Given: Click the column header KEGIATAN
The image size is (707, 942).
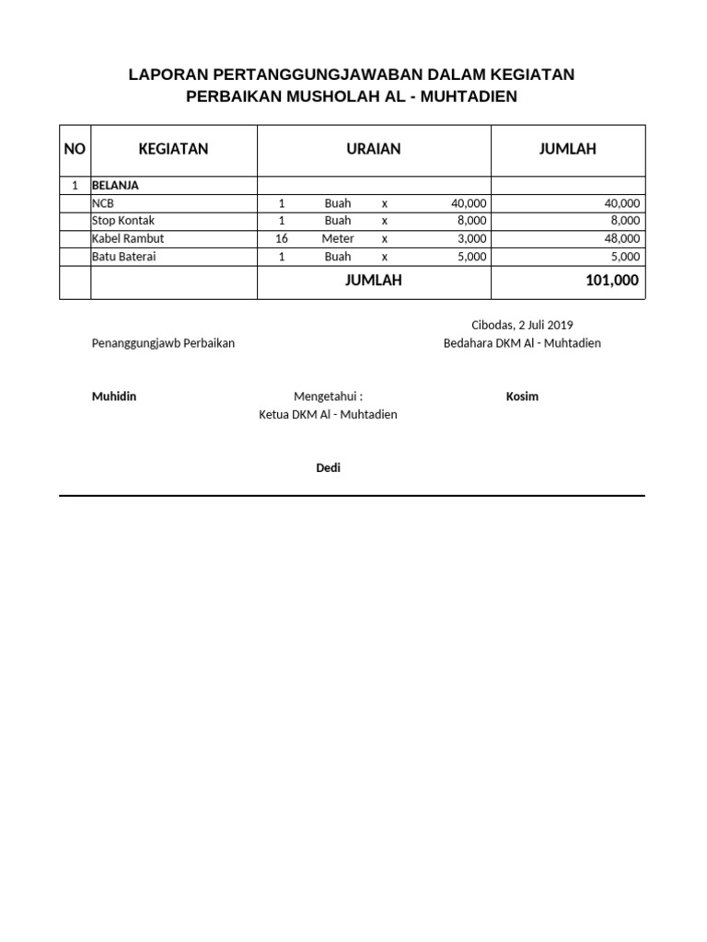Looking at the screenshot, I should pos(173,149).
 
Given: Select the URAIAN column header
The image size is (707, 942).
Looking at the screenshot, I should pos(373,149).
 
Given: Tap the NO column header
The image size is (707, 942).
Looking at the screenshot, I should pos(75,149).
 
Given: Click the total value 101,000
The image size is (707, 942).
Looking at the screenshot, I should pos(611,281).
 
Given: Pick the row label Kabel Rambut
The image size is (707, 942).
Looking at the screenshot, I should pos(128,238).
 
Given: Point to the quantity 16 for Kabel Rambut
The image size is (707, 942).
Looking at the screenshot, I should pos(282,238).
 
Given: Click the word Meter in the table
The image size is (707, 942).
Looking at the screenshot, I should pos(338,238).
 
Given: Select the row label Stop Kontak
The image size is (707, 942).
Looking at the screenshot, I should pos(123,221).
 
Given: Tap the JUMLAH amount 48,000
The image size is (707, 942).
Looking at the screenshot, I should pos(621,238).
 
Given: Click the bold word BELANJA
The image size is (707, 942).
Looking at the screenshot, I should pos(115,185).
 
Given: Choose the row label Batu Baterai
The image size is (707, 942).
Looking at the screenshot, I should pos(124,257).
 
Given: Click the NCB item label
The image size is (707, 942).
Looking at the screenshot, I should pos(103,203).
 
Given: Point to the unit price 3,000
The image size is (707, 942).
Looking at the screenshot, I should pos(471,238).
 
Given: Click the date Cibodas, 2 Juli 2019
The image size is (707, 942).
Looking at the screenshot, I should pos(522,325).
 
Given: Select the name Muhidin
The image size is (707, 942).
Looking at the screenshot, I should pos(114,396).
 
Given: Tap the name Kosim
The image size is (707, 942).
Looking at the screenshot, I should pos(522,396).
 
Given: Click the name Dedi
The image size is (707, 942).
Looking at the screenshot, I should pos(329,468).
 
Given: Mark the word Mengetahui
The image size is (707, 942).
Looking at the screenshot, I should pos(326,396).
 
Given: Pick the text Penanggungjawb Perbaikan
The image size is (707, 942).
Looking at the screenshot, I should pos(163,343).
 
